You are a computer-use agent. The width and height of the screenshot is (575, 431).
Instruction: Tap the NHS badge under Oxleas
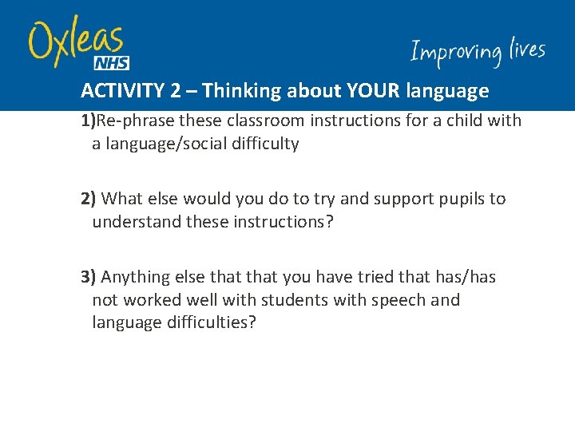[x=111, y=63]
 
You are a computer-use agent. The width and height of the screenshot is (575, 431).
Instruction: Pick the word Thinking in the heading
[x=236, y=91]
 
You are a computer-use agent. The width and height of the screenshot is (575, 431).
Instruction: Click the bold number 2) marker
[x=89, y=199]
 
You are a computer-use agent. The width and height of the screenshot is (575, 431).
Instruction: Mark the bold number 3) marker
[x=89, y=277]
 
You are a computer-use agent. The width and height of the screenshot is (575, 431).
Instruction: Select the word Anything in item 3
[x=135, y=277]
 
